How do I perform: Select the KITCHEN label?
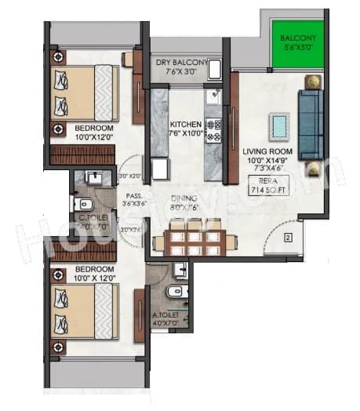[185, 128]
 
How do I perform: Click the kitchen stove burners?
[213, 129]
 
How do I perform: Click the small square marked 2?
[289, 236]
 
